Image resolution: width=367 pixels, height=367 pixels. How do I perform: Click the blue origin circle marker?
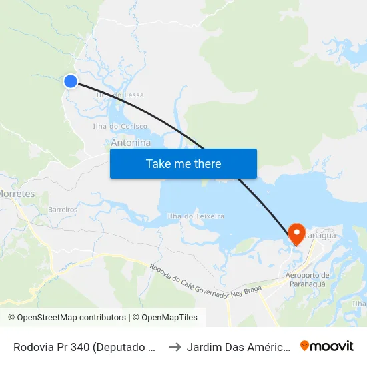pyautogui.click(x=71, y=81)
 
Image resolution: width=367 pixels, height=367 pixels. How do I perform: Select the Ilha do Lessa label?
pyautogui.click(x=120, y=95)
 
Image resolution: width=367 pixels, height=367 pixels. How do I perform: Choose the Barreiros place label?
pyautogui.click(x=63, y=210)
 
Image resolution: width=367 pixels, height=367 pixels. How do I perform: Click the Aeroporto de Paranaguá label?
pyautogui.click(x=307, y=280)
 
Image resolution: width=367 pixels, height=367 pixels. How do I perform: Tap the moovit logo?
pyautogui.click(x=327, y=346)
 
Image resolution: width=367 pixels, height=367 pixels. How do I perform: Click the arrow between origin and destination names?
pyautogui.click(x=175, y=346)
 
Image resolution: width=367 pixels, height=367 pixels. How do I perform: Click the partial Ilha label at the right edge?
pyautogui.click(x=360, y=304)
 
